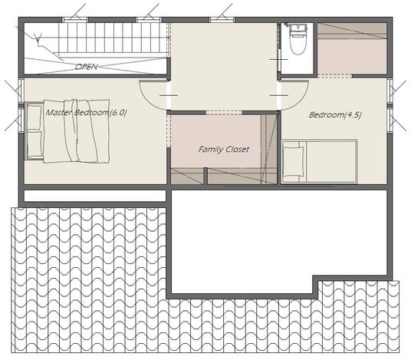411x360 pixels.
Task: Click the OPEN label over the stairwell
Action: point(87,67)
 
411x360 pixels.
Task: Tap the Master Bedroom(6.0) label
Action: point(86,113)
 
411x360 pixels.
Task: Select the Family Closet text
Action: point(224,150)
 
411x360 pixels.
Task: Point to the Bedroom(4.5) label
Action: point(335,114)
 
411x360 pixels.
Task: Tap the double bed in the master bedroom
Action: point(67,131)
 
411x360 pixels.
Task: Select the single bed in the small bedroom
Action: point(320,161)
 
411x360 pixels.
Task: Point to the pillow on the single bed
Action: point(294,162)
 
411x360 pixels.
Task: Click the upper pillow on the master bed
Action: point(35,117)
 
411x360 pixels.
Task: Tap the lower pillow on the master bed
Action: point(35,144)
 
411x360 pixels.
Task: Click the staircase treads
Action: point(113,38)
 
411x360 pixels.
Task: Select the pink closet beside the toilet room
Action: point(352,48)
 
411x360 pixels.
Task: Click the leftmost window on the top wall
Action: point(75,20)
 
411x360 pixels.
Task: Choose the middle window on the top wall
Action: point(149,20)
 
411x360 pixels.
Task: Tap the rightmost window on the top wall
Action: point(222,20)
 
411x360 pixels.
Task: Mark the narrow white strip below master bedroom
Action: point(95,196)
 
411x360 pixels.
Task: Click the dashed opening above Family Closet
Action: point(224,113)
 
